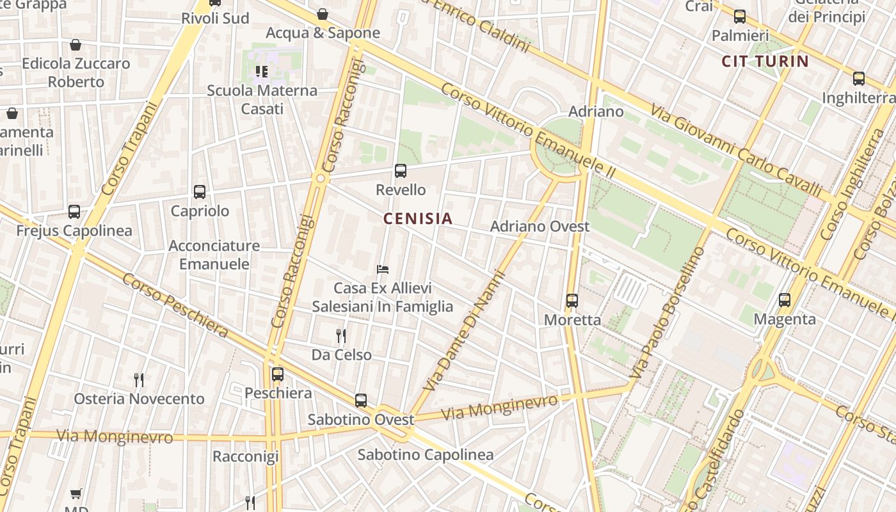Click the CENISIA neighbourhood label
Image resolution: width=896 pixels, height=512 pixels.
418,219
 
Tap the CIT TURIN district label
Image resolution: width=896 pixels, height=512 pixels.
765,61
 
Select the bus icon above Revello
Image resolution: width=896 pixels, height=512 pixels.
401,171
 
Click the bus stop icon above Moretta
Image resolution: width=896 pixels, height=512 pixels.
572,300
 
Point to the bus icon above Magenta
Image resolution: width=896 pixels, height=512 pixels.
785,300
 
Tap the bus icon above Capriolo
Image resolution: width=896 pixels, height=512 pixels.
200,191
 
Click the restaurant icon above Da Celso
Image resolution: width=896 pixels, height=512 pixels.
341,335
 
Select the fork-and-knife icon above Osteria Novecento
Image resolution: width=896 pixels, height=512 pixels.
139,380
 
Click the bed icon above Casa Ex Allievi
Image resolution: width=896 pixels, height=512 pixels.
383,269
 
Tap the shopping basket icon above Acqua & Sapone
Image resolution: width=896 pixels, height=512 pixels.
323,14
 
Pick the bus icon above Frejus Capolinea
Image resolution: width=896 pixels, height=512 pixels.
74,212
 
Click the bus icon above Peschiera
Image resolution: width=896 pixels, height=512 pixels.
278,374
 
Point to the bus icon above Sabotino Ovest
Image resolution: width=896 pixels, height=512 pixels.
361,401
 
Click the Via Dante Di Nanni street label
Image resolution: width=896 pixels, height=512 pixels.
465,332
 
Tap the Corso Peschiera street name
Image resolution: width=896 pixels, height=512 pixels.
175,305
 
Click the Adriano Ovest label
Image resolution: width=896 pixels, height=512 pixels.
540,227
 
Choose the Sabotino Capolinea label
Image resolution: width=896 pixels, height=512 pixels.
426,455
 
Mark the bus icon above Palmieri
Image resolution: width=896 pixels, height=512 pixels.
740,17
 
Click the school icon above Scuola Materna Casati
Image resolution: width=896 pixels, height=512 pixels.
262,71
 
